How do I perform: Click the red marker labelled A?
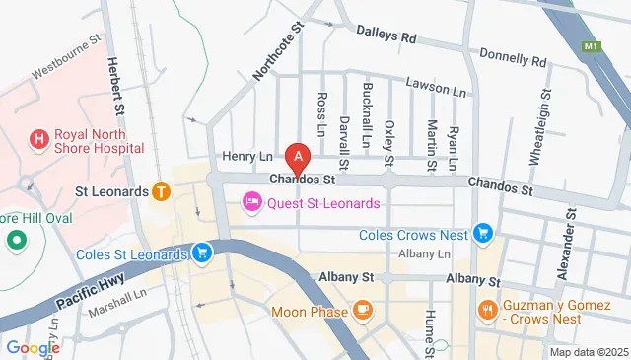[x=298, y=157]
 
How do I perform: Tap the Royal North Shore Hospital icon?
[x=39, y=139]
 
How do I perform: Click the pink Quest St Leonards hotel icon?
[x=252, y=203]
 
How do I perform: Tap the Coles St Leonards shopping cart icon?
[x=202, y=253]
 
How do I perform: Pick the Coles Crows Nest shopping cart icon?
[x=482, y=233]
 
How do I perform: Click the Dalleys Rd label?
[x=386, y=36]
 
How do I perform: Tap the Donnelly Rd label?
[x=514, y=58]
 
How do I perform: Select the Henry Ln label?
[x=246, y=156]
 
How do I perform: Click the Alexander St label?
[x=568, y=244]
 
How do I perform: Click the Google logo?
[x=33, y=347]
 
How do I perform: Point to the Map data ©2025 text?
[x=588, y=352]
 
